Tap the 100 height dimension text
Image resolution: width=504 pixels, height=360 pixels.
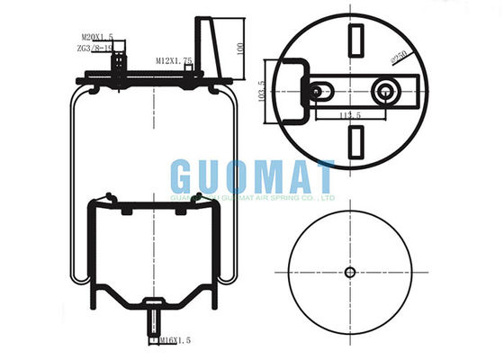239,47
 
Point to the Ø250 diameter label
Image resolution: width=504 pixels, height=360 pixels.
399,59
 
